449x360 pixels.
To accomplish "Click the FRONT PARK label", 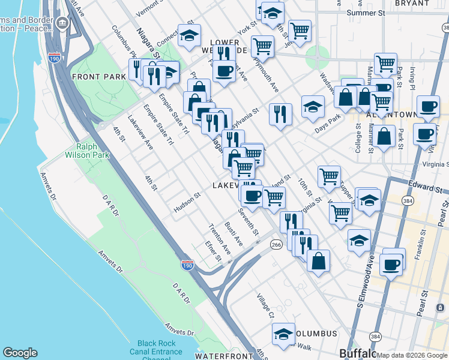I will pos(98,77).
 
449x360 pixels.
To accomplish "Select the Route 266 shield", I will pos(276,244).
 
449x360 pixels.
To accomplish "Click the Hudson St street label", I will pos(187,202).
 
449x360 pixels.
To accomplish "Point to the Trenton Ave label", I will pos(219,238).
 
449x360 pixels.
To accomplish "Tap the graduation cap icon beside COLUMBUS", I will pos(283,334).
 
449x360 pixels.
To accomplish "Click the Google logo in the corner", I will pos(20,353).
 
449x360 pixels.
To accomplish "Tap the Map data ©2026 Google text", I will pos(412,355).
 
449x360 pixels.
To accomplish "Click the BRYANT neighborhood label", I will pos(412,3).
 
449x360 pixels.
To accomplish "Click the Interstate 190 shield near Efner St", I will pos(188,265).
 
